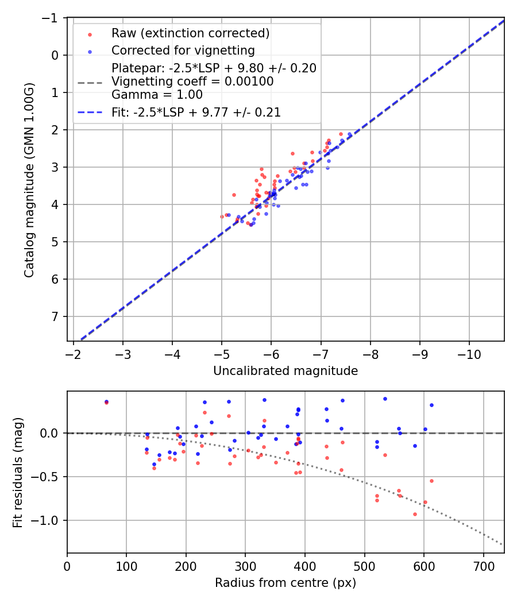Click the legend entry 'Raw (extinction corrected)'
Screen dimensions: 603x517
click(190, 33)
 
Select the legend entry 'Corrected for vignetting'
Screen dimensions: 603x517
click(183, 50)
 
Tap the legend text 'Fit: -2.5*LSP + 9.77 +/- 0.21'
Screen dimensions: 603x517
click(196, 113)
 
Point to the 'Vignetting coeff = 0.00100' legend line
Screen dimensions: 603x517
click(192, 82)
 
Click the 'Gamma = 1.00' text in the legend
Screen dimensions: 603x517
click(157, 95)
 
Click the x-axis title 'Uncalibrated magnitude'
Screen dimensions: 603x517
click(285, 371)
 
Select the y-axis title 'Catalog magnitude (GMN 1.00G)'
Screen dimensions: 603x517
click(29, 180)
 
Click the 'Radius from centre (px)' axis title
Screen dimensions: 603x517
click(285, 583)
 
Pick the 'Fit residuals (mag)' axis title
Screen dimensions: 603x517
click(17, 472)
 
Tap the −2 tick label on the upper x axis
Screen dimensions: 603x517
click(74, 352)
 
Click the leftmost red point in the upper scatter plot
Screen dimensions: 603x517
click(222, 217)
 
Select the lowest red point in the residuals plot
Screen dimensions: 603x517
click(415, 514)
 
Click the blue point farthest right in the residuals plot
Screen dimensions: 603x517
click(431, 405)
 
